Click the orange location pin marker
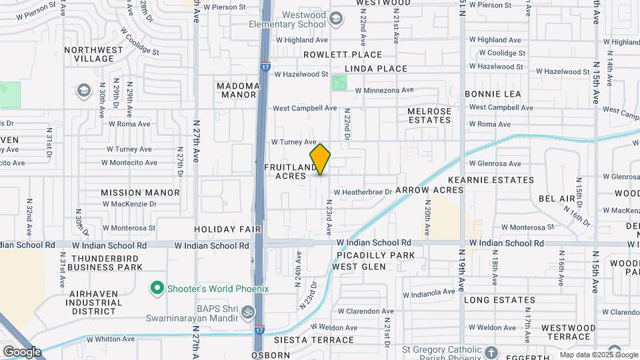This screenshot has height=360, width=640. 320,159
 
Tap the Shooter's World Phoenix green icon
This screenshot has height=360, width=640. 157,289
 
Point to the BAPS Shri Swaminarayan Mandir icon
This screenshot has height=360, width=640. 247,311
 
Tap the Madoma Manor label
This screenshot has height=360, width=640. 237,90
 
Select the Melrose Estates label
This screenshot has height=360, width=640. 429,115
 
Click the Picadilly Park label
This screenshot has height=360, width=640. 375,255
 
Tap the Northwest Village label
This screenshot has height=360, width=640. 94,54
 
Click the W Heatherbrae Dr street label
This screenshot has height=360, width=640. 363,191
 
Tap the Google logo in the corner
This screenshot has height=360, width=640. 21,351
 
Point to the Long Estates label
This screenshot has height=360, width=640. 499,300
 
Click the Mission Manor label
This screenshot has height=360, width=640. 140,193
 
